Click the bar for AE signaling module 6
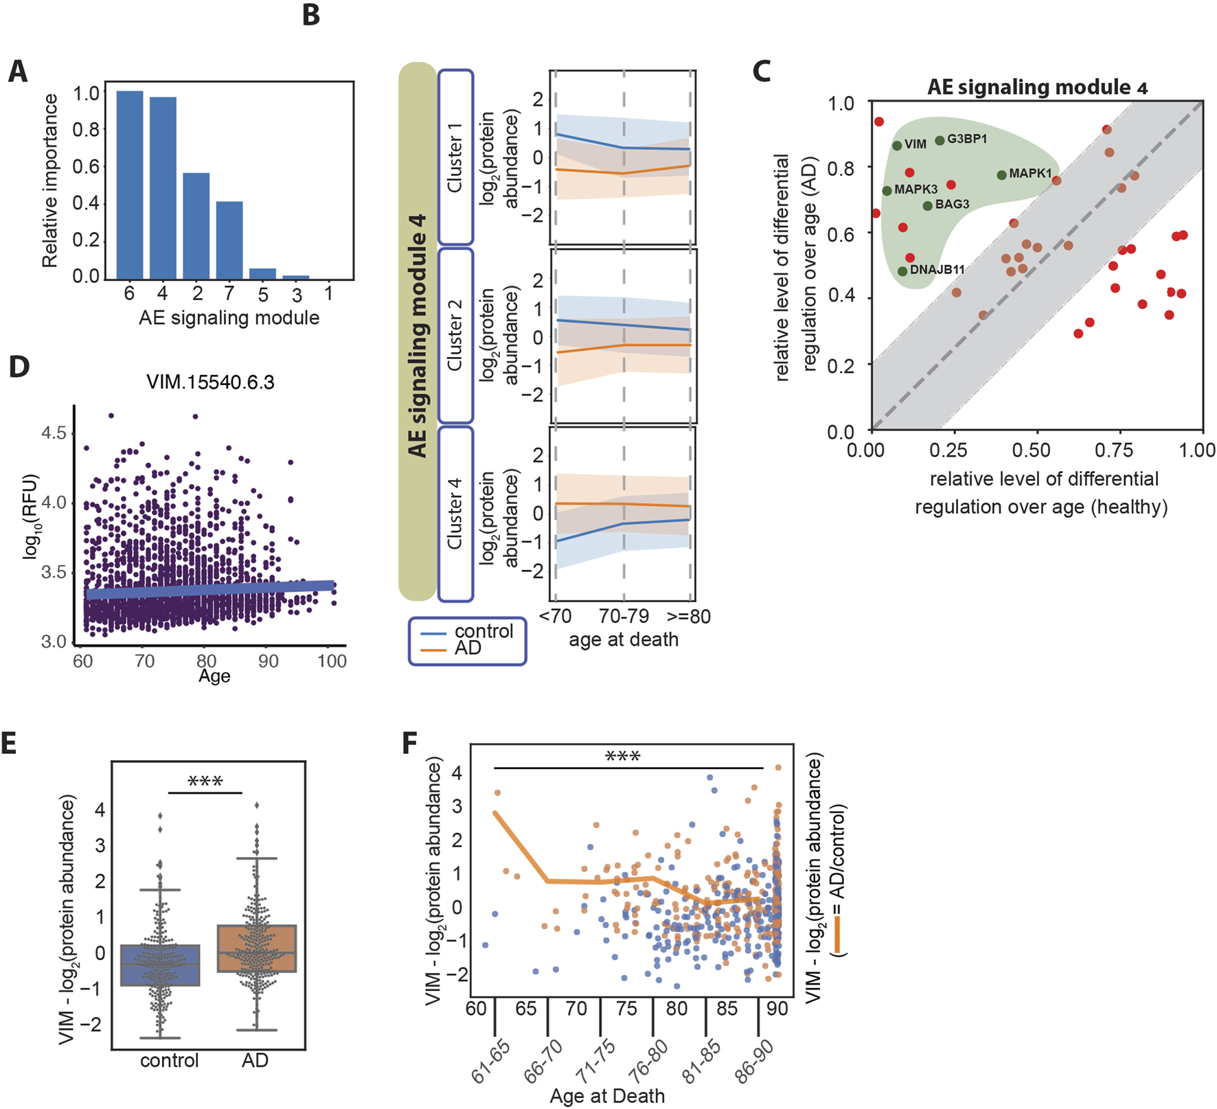pyautogui.click(x=129, y=185)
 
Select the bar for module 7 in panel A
pyautogui.click(x=229, y=240)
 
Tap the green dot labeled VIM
pyautogui.click(x=897, y=146)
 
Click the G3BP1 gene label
pyautogui.click(x=967, y=139)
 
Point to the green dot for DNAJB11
pyautogui.click(x=902, y=271)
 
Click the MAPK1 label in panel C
pyautogui.click(x=1030, y=174)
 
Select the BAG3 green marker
pyautogui.click(x=927, y=205)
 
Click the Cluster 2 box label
pyautogui.click(x=455, y=336)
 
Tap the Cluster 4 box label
pyautogui.click(x=455, y=514)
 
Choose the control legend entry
pyautogui.click(x=484, y=631)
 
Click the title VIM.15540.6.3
pyautogui.click(x=210, y=382)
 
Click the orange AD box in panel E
pyautogui.click(x=256, y=948)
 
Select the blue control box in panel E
pyautogui.click(x=160, y=965)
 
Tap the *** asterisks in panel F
pyautogui.click(x=622, y=757)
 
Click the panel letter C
pyautogui.click(x=761, y=71)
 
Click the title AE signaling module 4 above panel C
pyautogui.click(x=1036, y=87)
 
